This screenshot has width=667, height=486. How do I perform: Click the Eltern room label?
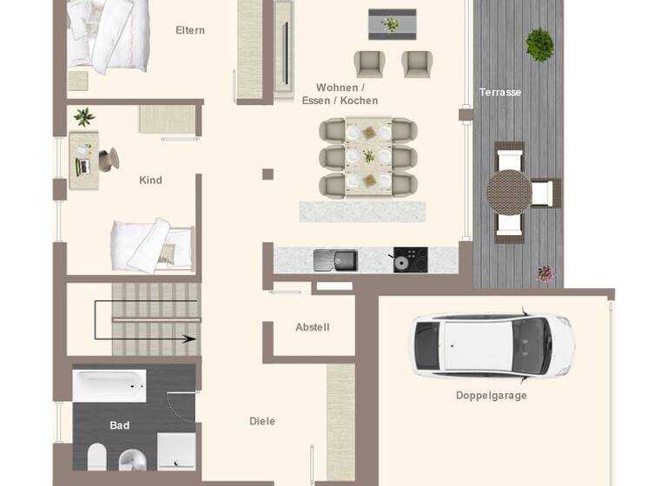[x=190, y=30]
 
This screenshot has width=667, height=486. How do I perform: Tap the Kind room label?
[x=150, y=181]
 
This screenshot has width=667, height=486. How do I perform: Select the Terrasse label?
[x=500, y=92]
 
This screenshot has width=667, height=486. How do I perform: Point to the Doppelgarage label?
[x=491, y=396]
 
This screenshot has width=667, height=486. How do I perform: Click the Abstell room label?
[x=313, y=327]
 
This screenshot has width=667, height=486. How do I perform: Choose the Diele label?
[x=262, y=421]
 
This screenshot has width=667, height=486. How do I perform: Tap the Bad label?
[x=120, y=425]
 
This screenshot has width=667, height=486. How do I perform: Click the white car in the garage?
[x=492, y=345]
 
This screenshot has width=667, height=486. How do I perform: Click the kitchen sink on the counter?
[x=335, y=259]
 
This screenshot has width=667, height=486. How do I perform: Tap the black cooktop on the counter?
[x=410, y=259]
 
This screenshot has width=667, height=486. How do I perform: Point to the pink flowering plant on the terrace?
[x=545, y=274]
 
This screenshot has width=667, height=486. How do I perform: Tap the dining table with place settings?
[x=368, y=157]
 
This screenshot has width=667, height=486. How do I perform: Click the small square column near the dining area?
[x=267, y=174]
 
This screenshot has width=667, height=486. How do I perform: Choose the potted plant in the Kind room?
[x=84, y=117]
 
